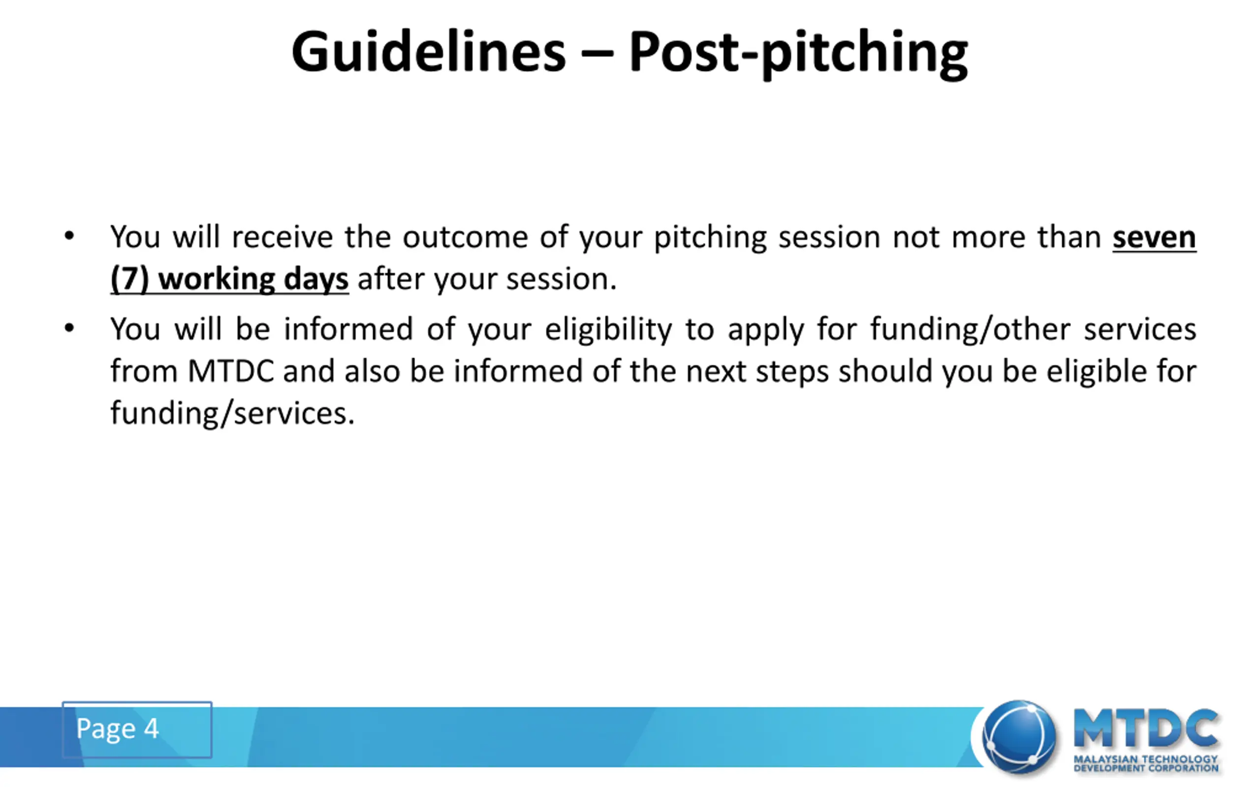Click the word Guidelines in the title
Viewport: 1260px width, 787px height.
pyautogui.click(x=429, y=52)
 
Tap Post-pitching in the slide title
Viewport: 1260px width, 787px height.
pyautogui.click(x=799, y=55)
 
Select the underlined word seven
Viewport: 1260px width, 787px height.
pyautogui.click(x=1154, y=238)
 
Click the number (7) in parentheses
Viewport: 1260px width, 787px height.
pyautogui.click(x=129, y=279)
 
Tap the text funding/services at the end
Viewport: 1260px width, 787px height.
pyautogui.click(x=233, y=414)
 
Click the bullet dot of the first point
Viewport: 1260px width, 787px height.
pyautogui.click(x=69, y=236)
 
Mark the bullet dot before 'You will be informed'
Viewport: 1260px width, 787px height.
pyautogui.click(x=69, y=329)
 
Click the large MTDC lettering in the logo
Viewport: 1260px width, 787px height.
pyautogui.click(x=1145, y=728)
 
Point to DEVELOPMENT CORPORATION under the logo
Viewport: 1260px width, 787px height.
pyautogui.click(x=1145, y=768)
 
